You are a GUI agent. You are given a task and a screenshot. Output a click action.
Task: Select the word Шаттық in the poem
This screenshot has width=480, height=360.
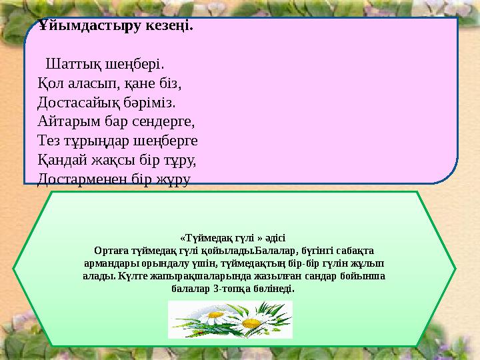72,66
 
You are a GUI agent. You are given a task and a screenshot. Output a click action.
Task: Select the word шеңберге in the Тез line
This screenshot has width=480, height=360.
169,141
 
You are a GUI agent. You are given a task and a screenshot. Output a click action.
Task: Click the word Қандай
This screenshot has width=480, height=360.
62,160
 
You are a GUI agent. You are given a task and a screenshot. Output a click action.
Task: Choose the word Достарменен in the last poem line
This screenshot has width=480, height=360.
82,179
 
